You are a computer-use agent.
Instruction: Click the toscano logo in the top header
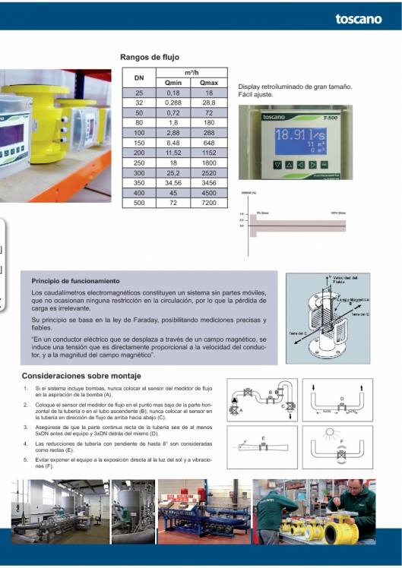[x=358, y=19]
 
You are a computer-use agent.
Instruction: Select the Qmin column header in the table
[x=173, y=83]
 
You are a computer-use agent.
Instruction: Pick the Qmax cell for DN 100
[x=209, y=132]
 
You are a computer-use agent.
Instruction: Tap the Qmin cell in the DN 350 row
[x=173, y=182]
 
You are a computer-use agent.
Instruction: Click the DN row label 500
[x=138, y=203]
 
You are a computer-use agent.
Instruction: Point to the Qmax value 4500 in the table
[x=209, y=193]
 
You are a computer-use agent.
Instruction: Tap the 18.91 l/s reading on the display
[x=299, y=135]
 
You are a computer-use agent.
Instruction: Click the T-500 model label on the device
[x=329, y=117]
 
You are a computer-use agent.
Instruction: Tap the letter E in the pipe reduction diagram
[x=263, y=439]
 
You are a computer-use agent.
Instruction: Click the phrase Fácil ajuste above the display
[x=255, y=95]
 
